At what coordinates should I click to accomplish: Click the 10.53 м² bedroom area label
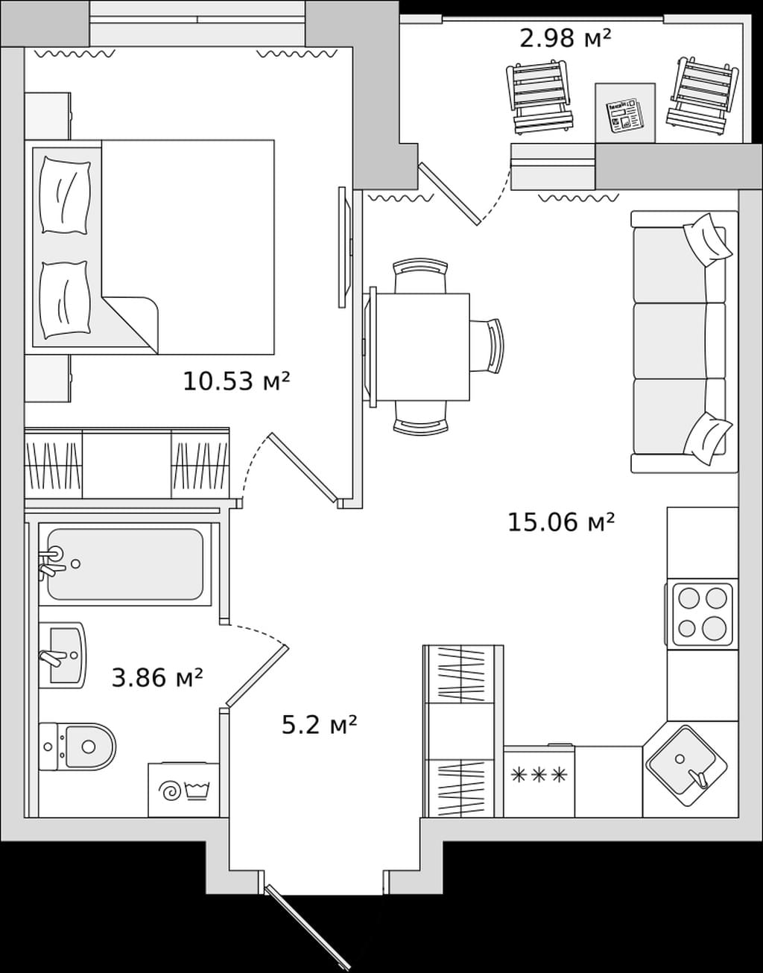coord(236,381)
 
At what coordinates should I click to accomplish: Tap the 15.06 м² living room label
coord(561,522)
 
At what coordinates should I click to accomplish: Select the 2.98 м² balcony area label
coord(565,38)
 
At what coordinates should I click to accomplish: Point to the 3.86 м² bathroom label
coord(157,677)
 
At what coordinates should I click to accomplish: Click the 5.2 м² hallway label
coord(319,724)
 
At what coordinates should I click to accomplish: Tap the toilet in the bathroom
coord(77,747)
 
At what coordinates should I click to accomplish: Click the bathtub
coord(125,564)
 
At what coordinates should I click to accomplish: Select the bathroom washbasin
coord(63,655)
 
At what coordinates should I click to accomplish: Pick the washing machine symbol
coord(183,790)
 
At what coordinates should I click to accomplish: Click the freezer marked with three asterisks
coord(539,781)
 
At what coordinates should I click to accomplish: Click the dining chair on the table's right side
coord(487,346)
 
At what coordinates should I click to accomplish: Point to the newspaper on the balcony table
coord(624,115)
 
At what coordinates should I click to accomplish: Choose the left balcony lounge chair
coord(539,97)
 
